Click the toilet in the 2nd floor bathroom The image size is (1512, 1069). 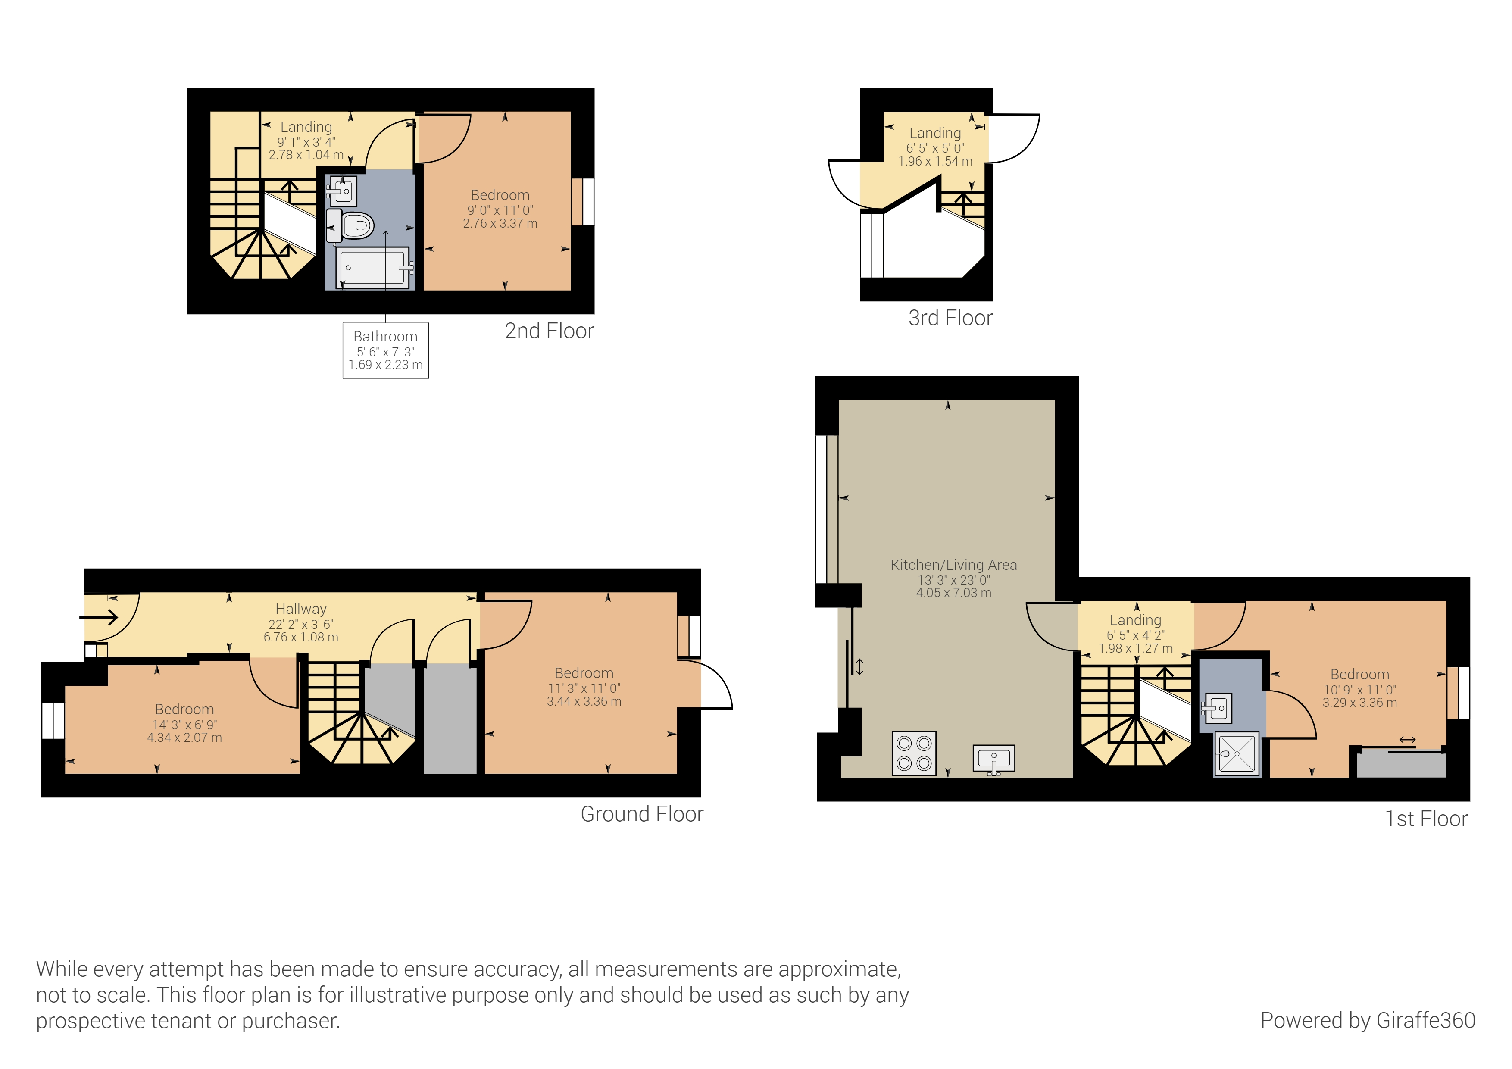[x=356, y=226]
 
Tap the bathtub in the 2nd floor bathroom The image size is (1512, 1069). [x=373, y=267]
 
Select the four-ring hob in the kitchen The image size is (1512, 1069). [x=914, y=753]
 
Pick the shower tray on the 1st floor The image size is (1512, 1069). [x=1237, y=753]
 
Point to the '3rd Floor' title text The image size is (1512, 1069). [x=950, y=318]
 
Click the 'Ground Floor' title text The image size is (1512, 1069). [x=641, y=814]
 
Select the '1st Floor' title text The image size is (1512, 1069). [x=1426, y=819]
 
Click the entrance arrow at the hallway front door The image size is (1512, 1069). [x=99, y=617]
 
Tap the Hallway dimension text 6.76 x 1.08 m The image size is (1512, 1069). [x=301, y=637]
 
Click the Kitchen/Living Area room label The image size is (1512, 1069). [x=953, y=565]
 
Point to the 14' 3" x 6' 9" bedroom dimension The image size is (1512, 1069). [x=184, y=724]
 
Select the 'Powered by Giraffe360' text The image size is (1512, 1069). [x=1367, y=1020]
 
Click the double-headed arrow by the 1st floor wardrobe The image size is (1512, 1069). [x=1407, y=741]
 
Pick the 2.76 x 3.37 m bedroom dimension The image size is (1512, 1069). [x=500, y=223]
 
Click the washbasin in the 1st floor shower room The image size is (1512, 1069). [x=1218, y=709]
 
